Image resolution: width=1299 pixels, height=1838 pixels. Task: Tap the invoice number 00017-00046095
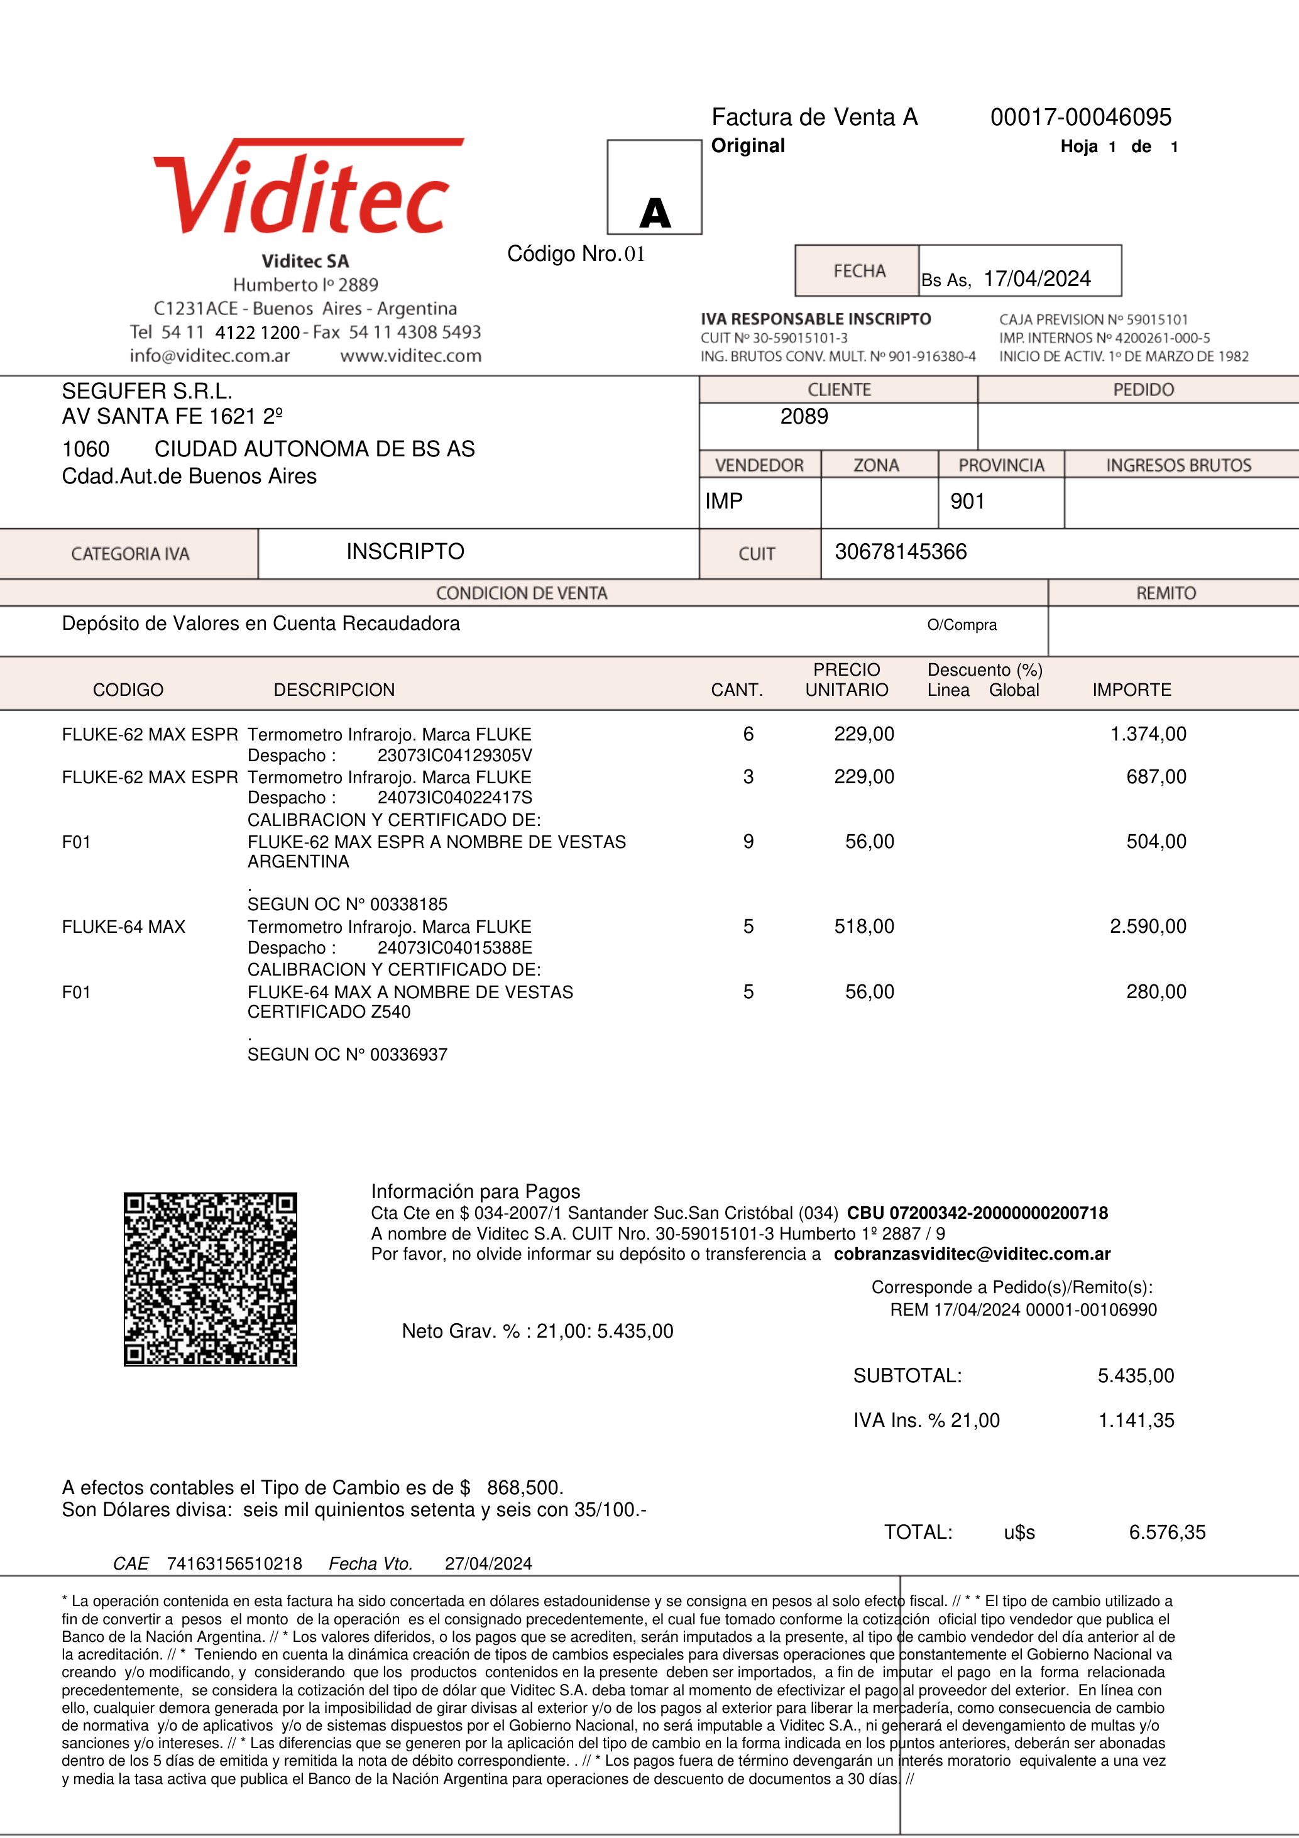pyautogui.click(x=1080, y=118)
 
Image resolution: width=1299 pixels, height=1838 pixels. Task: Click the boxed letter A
pyautogui.click(x=655, y=213)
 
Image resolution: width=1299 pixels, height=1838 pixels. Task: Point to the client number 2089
pyautogui.click(x=804, y=416)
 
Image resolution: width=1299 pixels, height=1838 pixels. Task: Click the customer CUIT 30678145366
pyautogui.click(x=901, y=551)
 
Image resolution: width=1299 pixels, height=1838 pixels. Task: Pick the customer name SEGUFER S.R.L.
pyautogui.click(x=147, y=392)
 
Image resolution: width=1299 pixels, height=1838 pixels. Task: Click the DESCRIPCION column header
pyautogui.click(x=334, y=690)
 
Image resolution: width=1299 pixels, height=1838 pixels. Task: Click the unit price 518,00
pyautogui.click(x=863, y=926)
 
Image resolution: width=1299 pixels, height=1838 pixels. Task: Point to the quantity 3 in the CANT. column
pyautogui.click(x=748, y=776)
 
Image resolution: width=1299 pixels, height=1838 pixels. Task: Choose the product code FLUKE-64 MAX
pyautogui.click(x=123, y=927)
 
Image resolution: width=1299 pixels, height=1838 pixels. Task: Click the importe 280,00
pyautogui.click(x=1156, y=992)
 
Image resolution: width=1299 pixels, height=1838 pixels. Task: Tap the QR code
pyautogui.click(x=211, y=1279)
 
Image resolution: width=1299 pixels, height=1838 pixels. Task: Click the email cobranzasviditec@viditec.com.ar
pyautogui.click(x=972, y=1253)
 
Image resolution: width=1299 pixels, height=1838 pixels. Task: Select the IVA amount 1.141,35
pyautogui.click(x=1136, y=1420)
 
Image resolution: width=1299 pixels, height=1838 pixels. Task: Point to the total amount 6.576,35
pyautogui.click(x=1167, y=1533)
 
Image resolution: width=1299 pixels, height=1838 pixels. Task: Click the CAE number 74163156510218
pyautogui.click(x=234, y=1563)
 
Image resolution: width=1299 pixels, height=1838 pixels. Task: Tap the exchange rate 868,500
pyautogui.click(x=524, y=1487)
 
